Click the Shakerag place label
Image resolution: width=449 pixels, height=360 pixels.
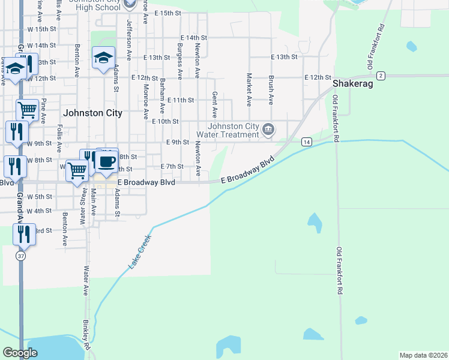coord(353,85)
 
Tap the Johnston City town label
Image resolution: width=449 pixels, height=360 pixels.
coord(92,113)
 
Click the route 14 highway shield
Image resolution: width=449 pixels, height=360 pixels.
coord(307,142)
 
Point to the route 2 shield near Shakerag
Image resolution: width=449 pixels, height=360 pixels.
coord(381,76)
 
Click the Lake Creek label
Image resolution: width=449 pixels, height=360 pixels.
coord(139,251)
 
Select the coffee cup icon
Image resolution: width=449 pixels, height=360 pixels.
coord(106,161)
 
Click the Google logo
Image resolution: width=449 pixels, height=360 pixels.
coord(20,353)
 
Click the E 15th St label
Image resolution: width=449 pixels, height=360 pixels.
coord(167,13)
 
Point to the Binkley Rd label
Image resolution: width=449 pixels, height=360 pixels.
coord(86,334)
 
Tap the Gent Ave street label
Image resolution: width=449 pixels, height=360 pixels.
coord(214,105)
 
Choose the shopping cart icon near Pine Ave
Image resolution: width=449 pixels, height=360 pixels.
coord(26,110)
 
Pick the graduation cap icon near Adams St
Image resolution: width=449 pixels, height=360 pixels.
coord(103,58)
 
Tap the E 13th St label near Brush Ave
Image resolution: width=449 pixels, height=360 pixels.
coord(285,57)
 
